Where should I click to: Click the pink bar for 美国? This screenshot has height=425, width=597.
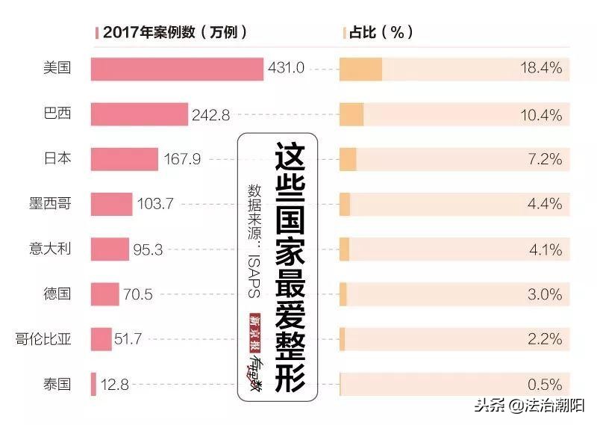click(x=177, y=69)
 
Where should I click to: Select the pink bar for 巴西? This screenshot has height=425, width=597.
click(x=139, y=114)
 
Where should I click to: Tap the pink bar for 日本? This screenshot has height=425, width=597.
click(x=124, y=159)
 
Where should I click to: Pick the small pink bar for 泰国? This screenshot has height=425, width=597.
click(x=93, y=385)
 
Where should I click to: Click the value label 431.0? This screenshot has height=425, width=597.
click(x=286, y=69)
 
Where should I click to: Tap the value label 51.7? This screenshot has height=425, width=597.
click(x=130, y=340)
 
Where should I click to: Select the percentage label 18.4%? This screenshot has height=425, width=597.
click(x=540, y=69)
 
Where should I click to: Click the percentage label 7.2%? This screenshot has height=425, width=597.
click(x=544, y=159)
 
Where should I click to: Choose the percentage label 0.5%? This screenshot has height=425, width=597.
click(x=544, y=385)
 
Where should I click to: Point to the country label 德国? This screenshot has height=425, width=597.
click(x=57, y=294)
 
